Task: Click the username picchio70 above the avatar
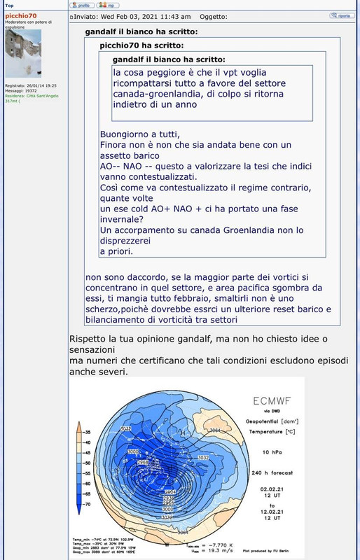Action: coord(21,15)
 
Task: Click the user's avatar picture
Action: coord(23,53)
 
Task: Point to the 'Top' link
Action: coord(9,5)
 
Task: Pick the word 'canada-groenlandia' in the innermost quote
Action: coord(158,94)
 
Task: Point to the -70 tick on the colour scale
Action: coord(87,503)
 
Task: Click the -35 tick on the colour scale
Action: coord(87,433)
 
